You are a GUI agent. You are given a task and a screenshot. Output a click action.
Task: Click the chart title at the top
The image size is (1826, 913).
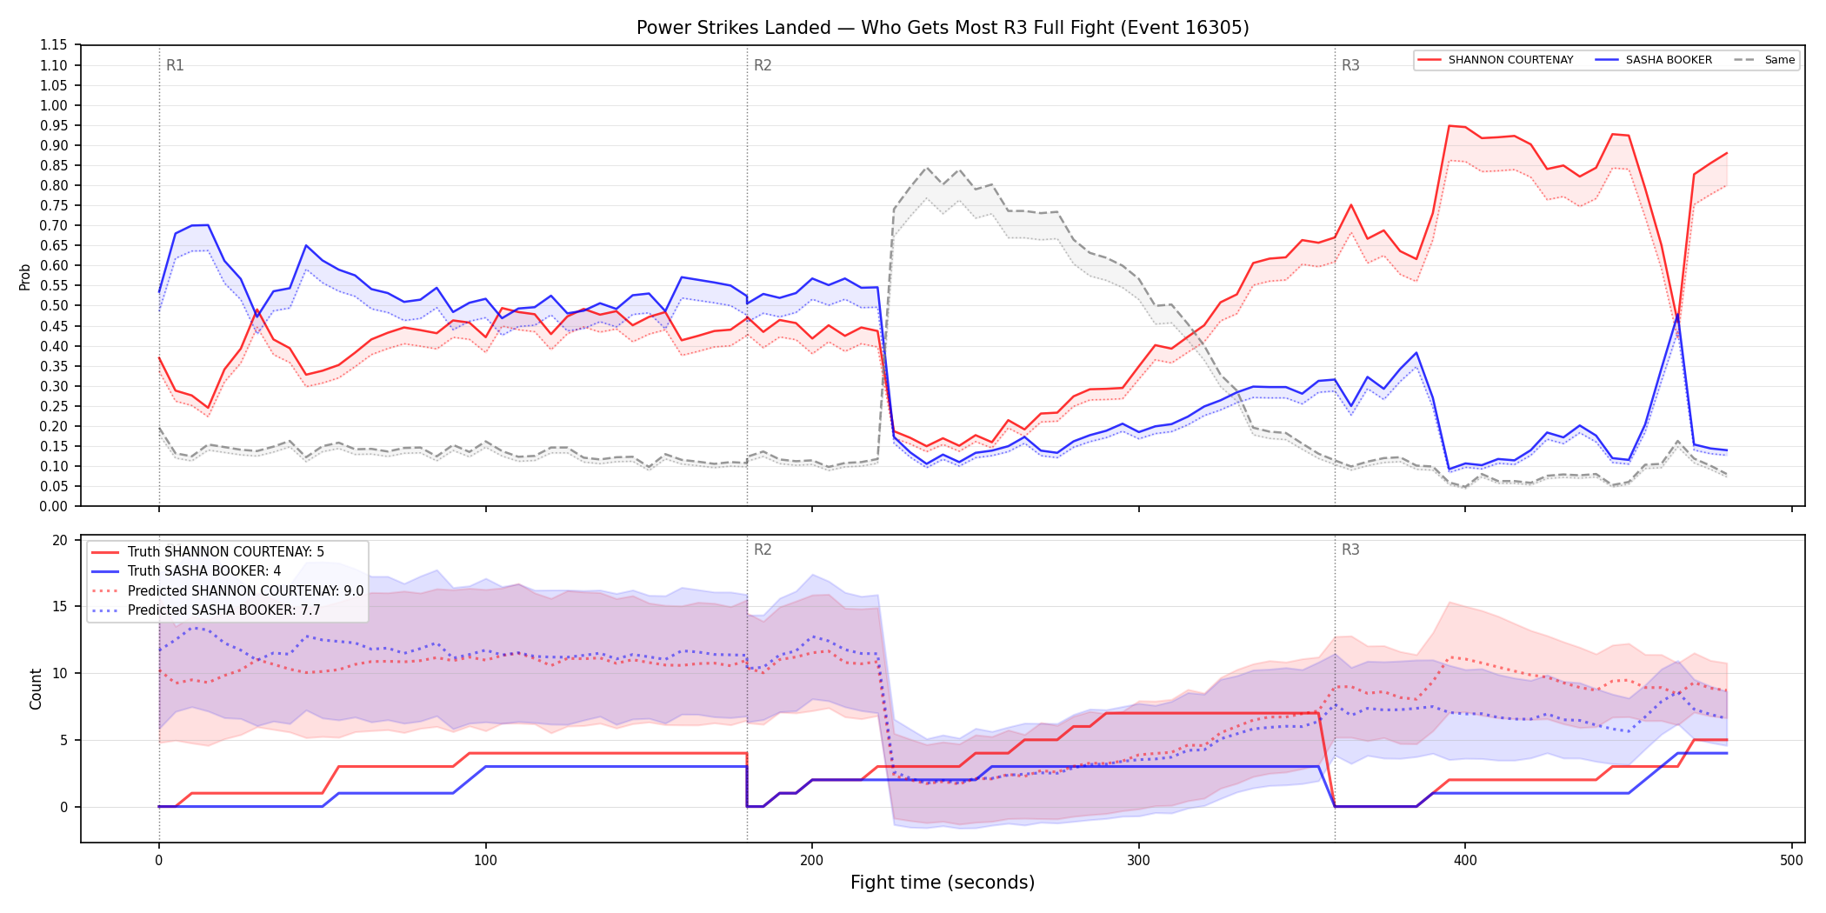[x=943, y=28]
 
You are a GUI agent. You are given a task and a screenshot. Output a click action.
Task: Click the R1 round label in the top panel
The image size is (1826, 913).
[x=175, y=65]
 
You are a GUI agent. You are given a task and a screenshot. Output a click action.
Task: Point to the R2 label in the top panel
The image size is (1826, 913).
[x=763, y=65]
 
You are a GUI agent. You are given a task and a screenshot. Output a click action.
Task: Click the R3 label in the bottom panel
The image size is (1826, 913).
[x=1350, y=550]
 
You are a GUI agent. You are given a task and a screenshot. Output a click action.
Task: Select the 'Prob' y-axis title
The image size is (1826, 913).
[x=25, y=277]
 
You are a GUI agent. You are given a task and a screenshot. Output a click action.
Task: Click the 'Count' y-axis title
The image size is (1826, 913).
[x=36, y=689]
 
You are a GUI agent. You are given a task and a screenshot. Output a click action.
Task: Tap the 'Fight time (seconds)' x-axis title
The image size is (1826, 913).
[x=943, y=883]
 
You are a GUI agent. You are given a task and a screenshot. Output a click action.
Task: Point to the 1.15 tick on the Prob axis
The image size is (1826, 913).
[x=54, y=45]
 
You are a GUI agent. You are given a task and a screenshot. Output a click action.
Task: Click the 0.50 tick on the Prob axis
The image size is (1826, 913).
[x=54, y=306]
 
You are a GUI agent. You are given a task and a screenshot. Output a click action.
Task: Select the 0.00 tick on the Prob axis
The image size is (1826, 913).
[x=54, y=506]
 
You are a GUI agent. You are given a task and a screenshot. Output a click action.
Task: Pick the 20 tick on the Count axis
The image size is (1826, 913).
[x=60, y=540]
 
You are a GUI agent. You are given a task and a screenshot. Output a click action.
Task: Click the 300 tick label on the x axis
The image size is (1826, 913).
[x=1138, y=861]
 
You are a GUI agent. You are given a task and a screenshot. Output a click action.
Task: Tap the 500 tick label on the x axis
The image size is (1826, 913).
[x=1791, y=861]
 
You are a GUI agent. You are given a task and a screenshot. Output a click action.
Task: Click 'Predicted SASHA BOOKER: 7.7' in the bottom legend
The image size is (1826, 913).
[x=224, y=610]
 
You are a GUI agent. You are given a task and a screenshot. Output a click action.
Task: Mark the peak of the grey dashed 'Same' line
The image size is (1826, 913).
[x=927, y=168]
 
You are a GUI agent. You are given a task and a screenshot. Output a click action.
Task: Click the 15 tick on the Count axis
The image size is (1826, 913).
[x=60, y=607]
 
